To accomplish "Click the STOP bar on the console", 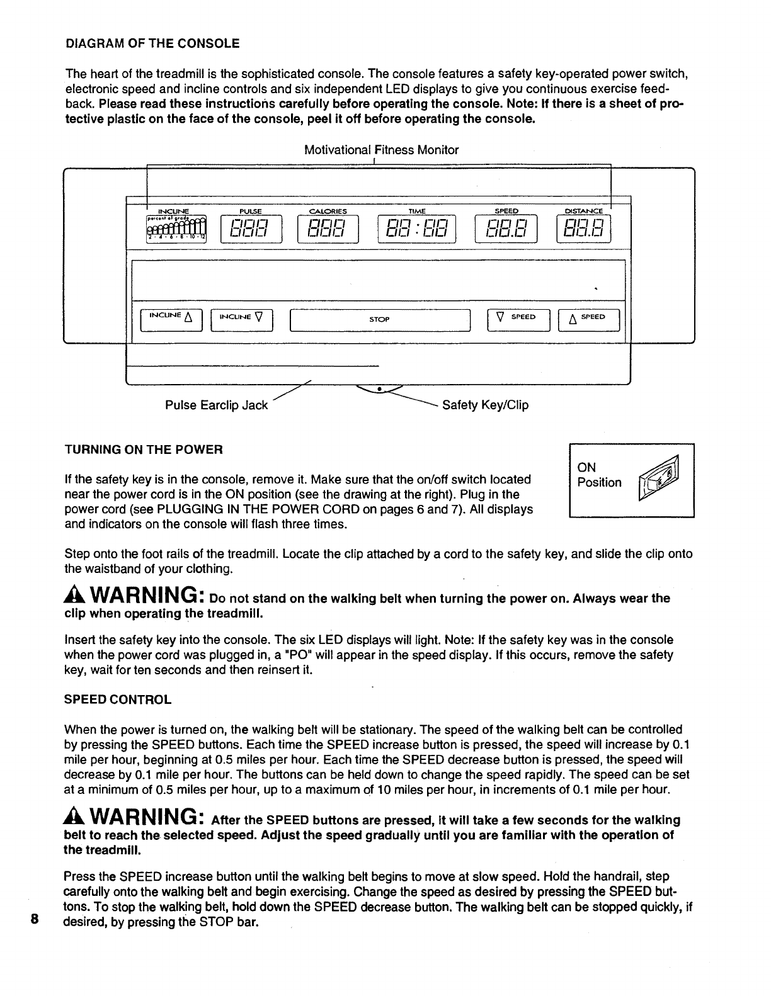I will pyautogui.click(x=379, y=320).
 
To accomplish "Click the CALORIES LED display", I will pyautogui.click(x=328, y=229).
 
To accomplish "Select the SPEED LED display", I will pyautogui.click(x=506, y=229).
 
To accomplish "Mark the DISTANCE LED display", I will pyautogui.click(x=584, y=229).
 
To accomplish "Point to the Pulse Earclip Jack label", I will pyautogui.click(x=216, y=405).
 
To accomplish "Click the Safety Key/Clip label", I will pyautogui.click(x=485, y=405).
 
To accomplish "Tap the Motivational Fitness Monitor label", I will pyautogui.click(x=381, y=150).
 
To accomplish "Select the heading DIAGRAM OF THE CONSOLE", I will pyautogui.click(x=152, y=43).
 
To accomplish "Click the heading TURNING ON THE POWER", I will pyautogui.click(x=144, y=450).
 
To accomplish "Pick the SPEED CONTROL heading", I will pyautogui.click(x=118, y=699).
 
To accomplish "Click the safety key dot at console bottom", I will pyautogui.click(x=379, y=388).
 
